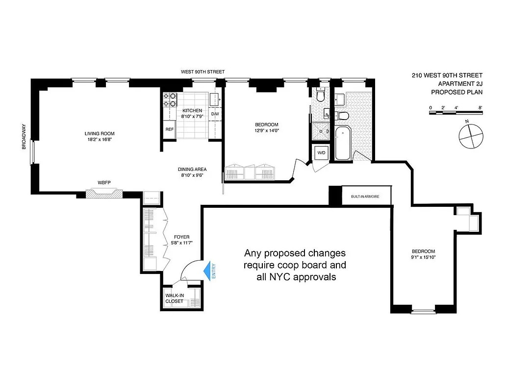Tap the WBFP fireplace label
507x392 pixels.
[104, 183]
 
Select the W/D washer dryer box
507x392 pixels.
[322, 152]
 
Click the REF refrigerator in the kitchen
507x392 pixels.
[169, 129]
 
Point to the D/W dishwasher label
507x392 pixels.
[215, 114]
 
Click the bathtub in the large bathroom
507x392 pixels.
[343, 143]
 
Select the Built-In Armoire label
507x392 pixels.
[365, 196]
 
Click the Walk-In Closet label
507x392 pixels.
[174, 298]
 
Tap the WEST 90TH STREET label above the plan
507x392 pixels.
[203, 72]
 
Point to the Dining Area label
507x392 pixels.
[192, 170]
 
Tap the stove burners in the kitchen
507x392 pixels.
[169, 99]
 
